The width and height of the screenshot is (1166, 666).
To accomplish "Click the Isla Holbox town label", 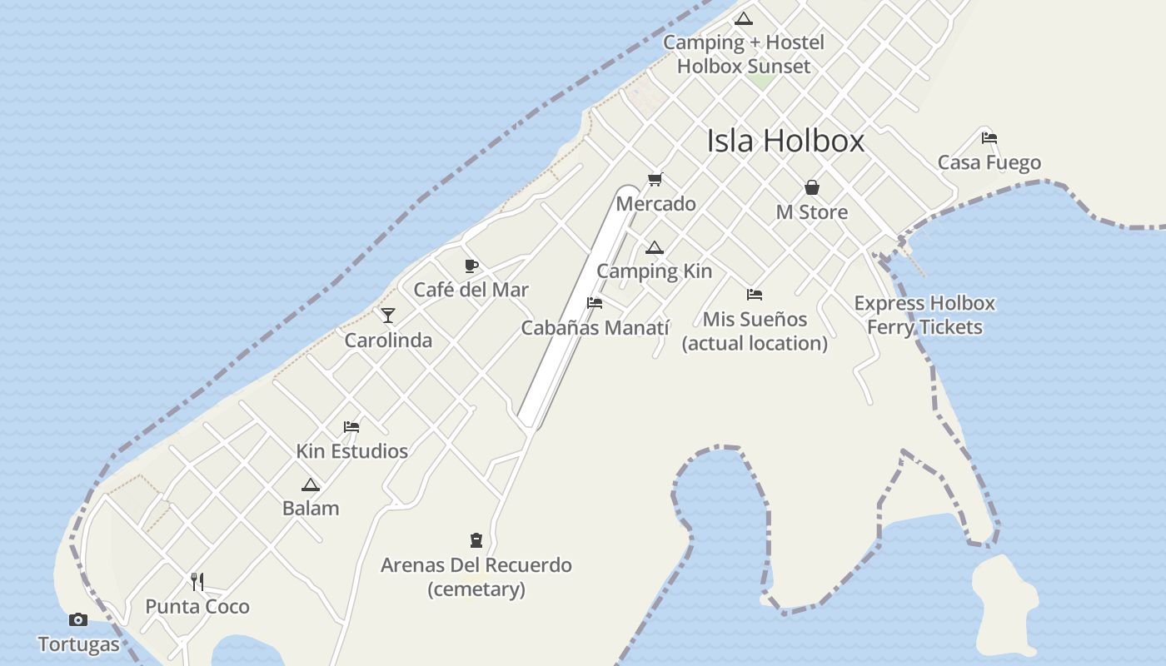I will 785,141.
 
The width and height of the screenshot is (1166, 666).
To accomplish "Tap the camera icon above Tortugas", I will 78,619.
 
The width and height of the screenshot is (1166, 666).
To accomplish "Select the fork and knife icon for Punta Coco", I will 197,581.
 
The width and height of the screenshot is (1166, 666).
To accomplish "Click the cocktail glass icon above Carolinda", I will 388,316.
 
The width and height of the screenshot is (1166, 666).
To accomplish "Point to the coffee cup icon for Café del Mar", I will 471,266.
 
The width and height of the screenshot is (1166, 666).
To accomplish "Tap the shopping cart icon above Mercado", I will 655,179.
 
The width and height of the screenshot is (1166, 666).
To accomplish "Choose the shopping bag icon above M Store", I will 812,187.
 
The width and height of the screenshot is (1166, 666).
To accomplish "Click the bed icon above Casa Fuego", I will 989,138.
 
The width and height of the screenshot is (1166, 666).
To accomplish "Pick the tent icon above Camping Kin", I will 655,247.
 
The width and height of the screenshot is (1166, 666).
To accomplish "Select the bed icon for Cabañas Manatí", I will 595,303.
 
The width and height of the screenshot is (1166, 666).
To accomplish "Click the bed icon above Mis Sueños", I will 755,295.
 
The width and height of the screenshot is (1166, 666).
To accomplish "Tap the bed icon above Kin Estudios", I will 351,427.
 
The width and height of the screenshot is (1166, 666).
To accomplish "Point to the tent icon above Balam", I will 311,485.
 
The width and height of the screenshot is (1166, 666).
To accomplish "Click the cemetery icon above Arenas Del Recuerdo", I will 476,540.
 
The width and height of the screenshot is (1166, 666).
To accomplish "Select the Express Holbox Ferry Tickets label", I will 924,315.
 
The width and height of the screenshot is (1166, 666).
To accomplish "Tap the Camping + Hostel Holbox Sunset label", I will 744,54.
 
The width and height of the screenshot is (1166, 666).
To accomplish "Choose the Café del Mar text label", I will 471,290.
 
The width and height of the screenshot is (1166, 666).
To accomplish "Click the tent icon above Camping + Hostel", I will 744,18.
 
